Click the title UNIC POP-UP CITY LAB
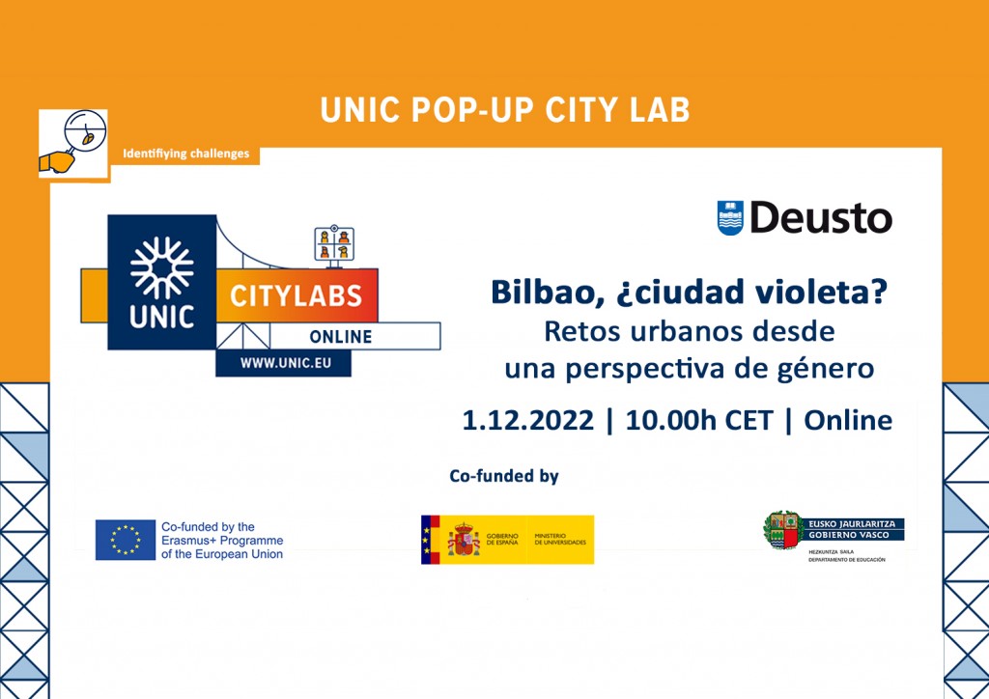click(x=505, y=110)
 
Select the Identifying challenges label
click(x=185, y=154)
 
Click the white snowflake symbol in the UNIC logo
click(x=161, y=265)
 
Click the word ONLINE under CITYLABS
click(x=340, y=336)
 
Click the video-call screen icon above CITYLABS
click(x=334, y=243)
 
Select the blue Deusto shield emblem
click(x=730, y=218)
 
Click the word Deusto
click(x=821, y=218)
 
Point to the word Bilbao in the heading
click(x=538, y=293)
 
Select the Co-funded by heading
click(x=504, y=476)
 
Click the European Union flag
click(x=126, y=540)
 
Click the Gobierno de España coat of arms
click(x=463, y=540)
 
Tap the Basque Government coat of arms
click(x=782, y=530)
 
